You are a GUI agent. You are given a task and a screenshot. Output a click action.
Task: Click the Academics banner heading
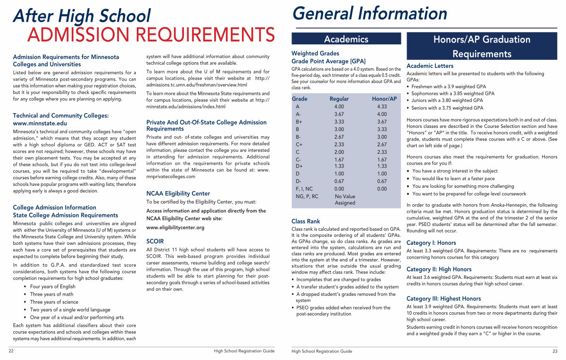pos(346,39)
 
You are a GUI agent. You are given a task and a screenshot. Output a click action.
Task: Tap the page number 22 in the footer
pos(11,351)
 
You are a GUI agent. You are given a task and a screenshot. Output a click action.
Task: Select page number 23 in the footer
pos(555,351)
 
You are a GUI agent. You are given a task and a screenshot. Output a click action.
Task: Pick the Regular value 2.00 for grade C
pos(339,152)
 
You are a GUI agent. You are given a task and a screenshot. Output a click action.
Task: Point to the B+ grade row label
pos(299,122)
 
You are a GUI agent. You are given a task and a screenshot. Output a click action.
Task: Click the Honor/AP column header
pos(384,99)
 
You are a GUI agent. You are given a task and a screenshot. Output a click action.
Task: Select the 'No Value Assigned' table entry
pos(345,200)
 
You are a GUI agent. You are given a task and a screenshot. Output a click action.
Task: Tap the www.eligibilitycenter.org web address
pos(175,227)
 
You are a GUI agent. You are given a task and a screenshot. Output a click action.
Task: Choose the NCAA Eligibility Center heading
pos(178,193)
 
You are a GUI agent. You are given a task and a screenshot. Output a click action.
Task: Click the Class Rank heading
pos(306,221)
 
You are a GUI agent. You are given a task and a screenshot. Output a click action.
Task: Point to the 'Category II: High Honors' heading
pos(439,269)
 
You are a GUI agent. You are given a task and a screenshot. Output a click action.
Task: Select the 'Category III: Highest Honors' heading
pos(443,299)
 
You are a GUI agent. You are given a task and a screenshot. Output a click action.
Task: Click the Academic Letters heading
pos(430,66)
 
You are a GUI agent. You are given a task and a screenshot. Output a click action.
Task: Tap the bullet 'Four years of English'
pos(52,286)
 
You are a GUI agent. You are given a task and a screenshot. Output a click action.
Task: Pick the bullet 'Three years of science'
pos(54,302)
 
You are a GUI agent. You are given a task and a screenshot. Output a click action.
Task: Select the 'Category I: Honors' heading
pos(431,243)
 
